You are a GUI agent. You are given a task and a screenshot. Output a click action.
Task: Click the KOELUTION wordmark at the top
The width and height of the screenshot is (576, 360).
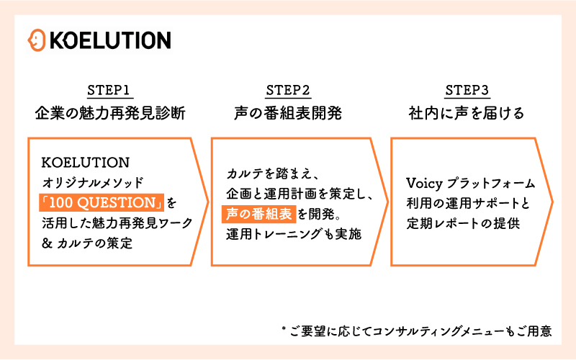click(110, 40)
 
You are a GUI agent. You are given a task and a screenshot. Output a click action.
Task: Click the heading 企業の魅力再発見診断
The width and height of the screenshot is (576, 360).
click(109, 113)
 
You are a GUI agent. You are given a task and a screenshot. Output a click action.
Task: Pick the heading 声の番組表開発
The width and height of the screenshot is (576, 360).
click(288, 113)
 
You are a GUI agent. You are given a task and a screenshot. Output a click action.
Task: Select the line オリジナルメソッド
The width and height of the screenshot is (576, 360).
click(94, 181)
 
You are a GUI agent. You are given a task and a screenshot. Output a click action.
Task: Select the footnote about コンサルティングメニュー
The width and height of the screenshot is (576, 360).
click(421, 331)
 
